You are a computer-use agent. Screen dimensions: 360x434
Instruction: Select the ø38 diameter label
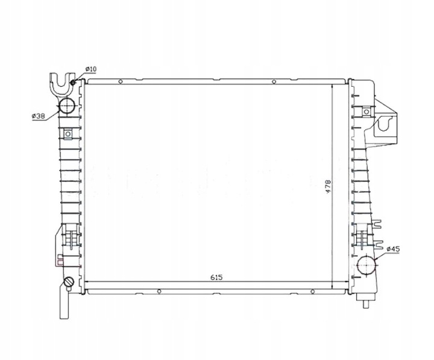(38, 116)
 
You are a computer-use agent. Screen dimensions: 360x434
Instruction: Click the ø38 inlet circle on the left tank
(67, 107)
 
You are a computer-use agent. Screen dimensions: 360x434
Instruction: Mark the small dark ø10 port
(73, 83)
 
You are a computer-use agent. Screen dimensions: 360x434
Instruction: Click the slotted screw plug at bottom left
(68, 282)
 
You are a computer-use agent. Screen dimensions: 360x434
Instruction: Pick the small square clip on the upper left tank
(68, 134)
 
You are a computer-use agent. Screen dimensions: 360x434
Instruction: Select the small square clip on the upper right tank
(366, 112)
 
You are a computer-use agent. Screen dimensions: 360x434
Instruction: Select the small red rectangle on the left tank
(58, 262)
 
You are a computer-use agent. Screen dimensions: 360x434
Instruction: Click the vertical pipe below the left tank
(64, 305)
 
